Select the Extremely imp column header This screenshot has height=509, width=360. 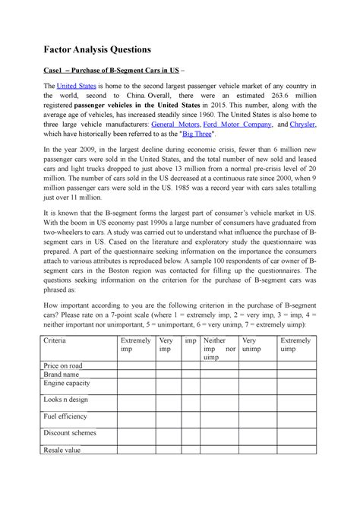pyautogui.click(x=137, y=346)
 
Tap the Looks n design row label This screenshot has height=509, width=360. pyautogui.click(x=67, y=399)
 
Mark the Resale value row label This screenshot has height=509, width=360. pyautogui.click(x=63, y=450)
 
